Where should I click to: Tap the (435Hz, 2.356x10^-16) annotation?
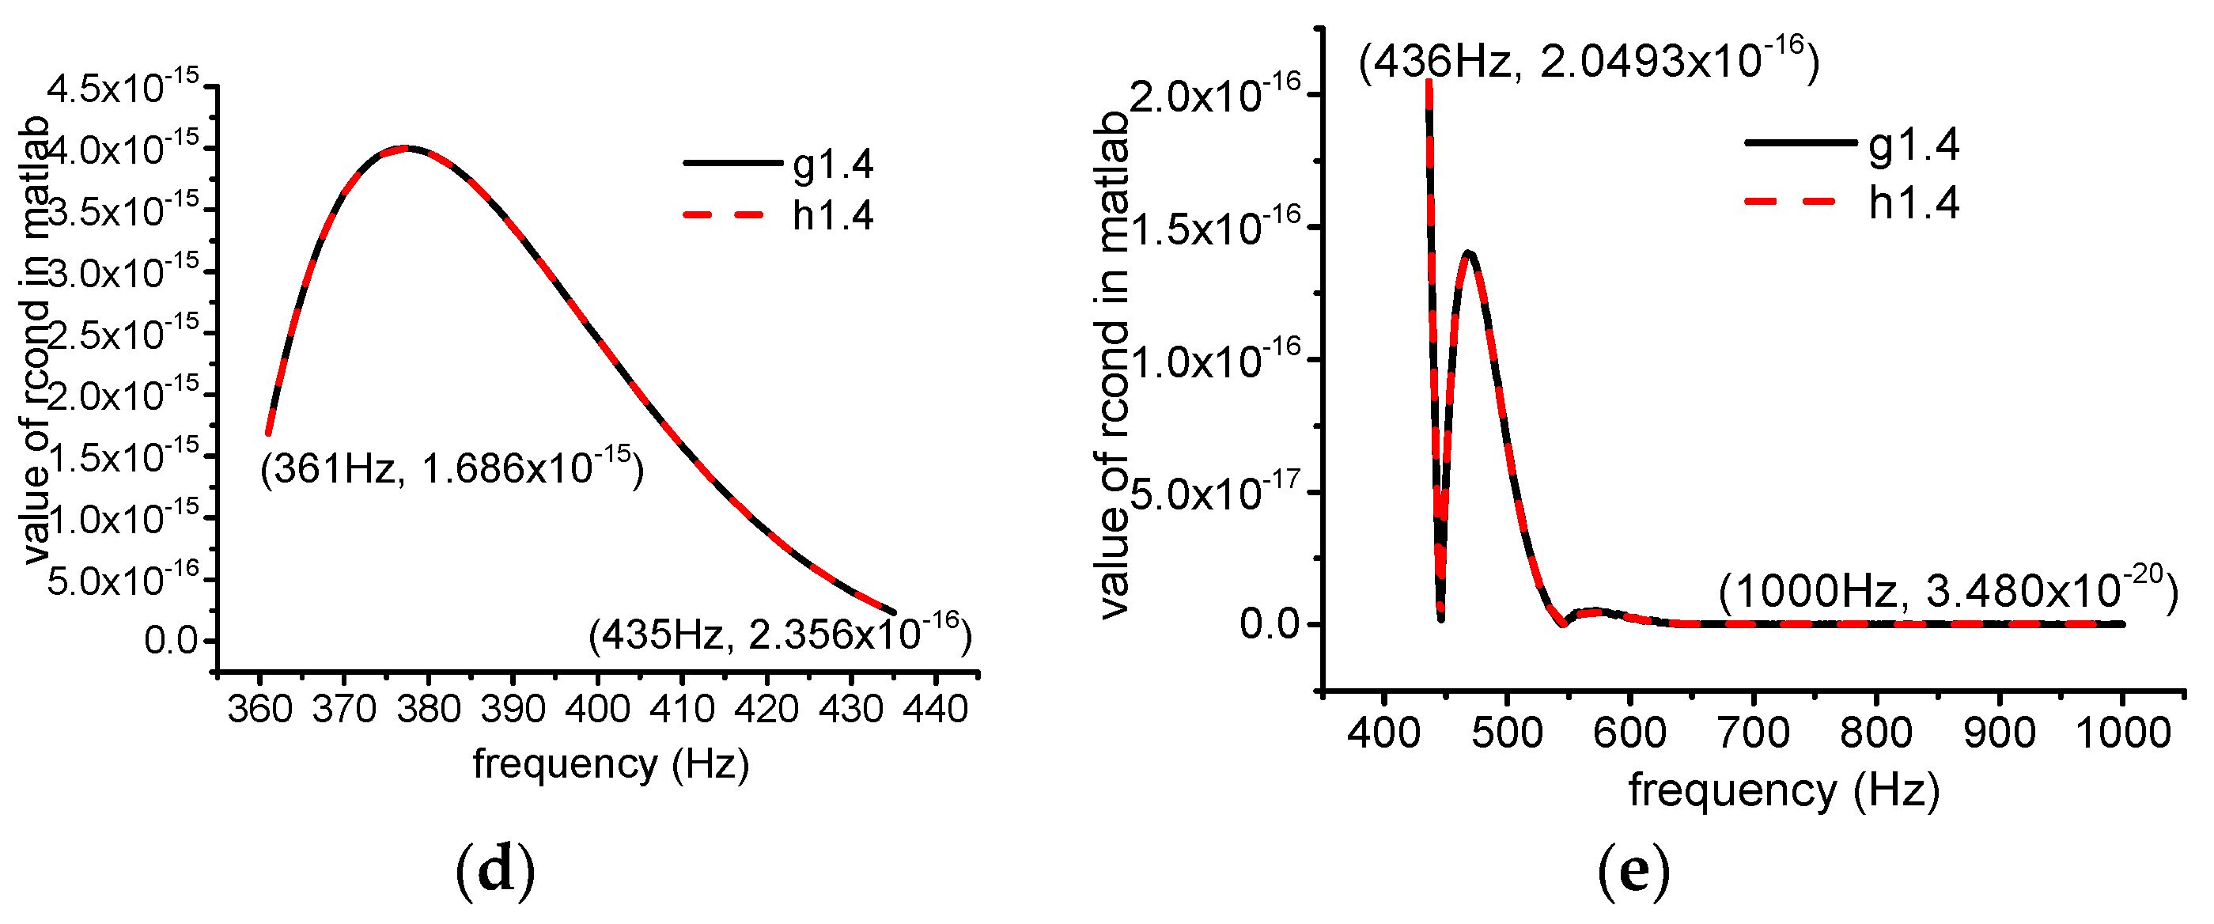click(780, 634)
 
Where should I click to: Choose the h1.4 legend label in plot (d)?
click(832, 215)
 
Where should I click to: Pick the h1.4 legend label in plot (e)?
click(1913, 203)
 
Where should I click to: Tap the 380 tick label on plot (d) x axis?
click(429, 710)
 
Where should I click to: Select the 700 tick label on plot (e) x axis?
click(1753, 733)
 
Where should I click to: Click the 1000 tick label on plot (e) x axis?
click(2122, 733)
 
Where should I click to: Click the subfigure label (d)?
click(495, 870)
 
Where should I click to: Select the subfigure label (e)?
click(1633, 870)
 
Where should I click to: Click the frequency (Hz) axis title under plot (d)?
click(610, 763)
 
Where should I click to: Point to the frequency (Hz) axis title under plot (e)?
click(1784, 789)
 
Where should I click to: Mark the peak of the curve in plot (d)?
click(406, 148)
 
